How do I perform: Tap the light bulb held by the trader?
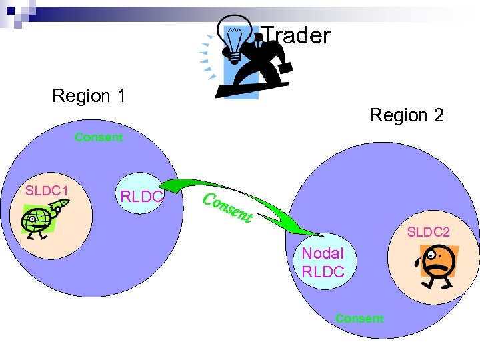pos(235,41)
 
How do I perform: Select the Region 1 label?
pos(89,96)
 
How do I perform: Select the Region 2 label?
pos(406,115)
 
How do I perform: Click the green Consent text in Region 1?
pos(99,137)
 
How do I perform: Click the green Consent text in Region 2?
pos(359,319)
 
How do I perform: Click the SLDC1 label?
pos(47,191)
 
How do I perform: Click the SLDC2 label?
pos(429,232)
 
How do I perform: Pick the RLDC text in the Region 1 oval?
pos(141,197)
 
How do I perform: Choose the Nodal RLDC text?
pos(323,263)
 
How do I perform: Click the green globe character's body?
pos(39,219)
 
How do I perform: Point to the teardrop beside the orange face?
pos(418,261)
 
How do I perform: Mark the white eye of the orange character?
pos(434,254)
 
